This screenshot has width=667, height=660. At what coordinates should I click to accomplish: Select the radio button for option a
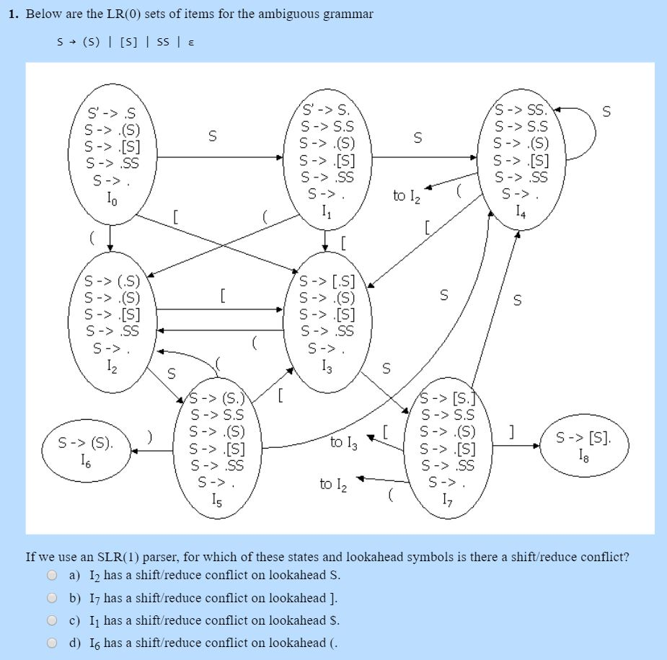click(x=52, y=576)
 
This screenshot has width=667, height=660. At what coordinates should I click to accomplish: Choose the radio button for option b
click(x=52, y=598)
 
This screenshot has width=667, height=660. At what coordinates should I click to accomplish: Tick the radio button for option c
click(x=52, y=620)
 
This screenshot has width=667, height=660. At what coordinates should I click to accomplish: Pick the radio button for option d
click(x=52, y=643)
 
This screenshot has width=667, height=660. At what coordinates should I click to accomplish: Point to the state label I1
click(x=327, y=211)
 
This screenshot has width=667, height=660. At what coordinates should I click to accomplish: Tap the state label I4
click(x=521, y=211)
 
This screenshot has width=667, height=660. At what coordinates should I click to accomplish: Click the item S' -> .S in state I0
click(x=111, y=114)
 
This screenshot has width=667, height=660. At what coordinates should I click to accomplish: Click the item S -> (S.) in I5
click(x=218, y=398)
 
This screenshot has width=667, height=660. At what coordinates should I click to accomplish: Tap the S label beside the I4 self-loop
click(x=606, y=111)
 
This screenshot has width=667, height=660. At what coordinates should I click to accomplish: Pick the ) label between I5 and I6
click(x=149, y=437)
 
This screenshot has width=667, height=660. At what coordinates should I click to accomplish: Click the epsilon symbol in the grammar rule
click(x=190, y=42)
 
